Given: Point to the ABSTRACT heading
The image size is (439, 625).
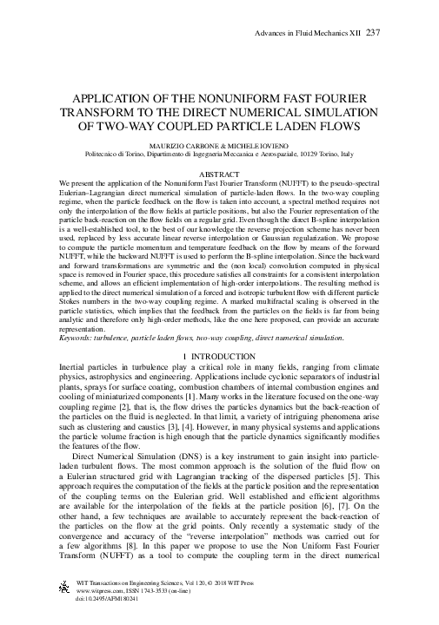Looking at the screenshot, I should coord(220,175).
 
